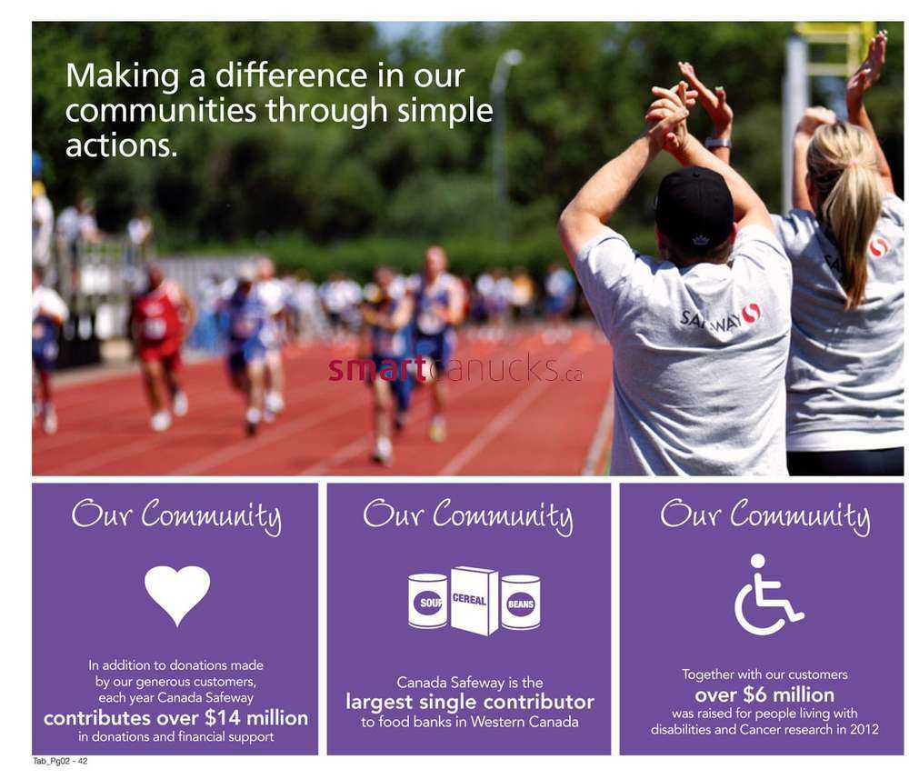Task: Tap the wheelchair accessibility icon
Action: (x=768, y=594)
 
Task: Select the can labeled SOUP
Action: (x=428, y=601)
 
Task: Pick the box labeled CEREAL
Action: (x=474, y=600)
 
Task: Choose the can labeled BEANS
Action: (x=521, y=603)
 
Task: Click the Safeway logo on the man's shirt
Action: (x=720, y=317)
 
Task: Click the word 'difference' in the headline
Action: (x=292, y=76)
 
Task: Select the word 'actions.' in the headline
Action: (x=121, y=146)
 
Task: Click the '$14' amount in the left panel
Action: (x=223, y=718)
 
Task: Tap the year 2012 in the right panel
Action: (x=864, y=729)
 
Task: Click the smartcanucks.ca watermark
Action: (x=455, y=369)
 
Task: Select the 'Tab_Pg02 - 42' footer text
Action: (x=60, y=761)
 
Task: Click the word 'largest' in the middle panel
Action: (x=378, y=703)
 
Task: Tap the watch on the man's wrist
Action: (x=718, y=143)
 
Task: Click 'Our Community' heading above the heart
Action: (x=177, y=514)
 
